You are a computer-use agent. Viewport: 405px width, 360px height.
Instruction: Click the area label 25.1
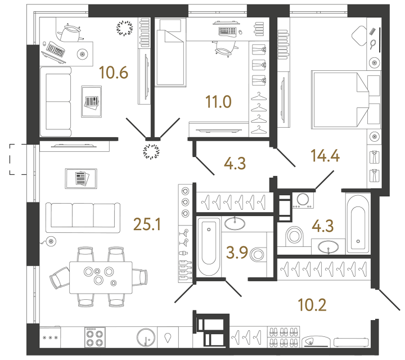pyautogui.click(x=147, y=225)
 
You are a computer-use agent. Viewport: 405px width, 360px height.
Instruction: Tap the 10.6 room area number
pyautogui.click(x=114, y=72)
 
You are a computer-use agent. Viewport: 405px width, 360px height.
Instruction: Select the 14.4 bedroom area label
pyautogui.click(x=326, y=156)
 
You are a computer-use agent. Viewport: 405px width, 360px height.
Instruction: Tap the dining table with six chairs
pyautogui.click(x=98, y=275)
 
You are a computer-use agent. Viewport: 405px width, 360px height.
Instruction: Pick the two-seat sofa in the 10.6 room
pyautogui.click(x=55, y=100)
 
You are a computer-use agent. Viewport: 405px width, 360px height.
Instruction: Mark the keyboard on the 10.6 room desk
pyautogui.click(x=55, y=51)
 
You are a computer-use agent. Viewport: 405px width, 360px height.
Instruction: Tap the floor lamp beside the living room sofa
pyautogui.click(x=51, y=242)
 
